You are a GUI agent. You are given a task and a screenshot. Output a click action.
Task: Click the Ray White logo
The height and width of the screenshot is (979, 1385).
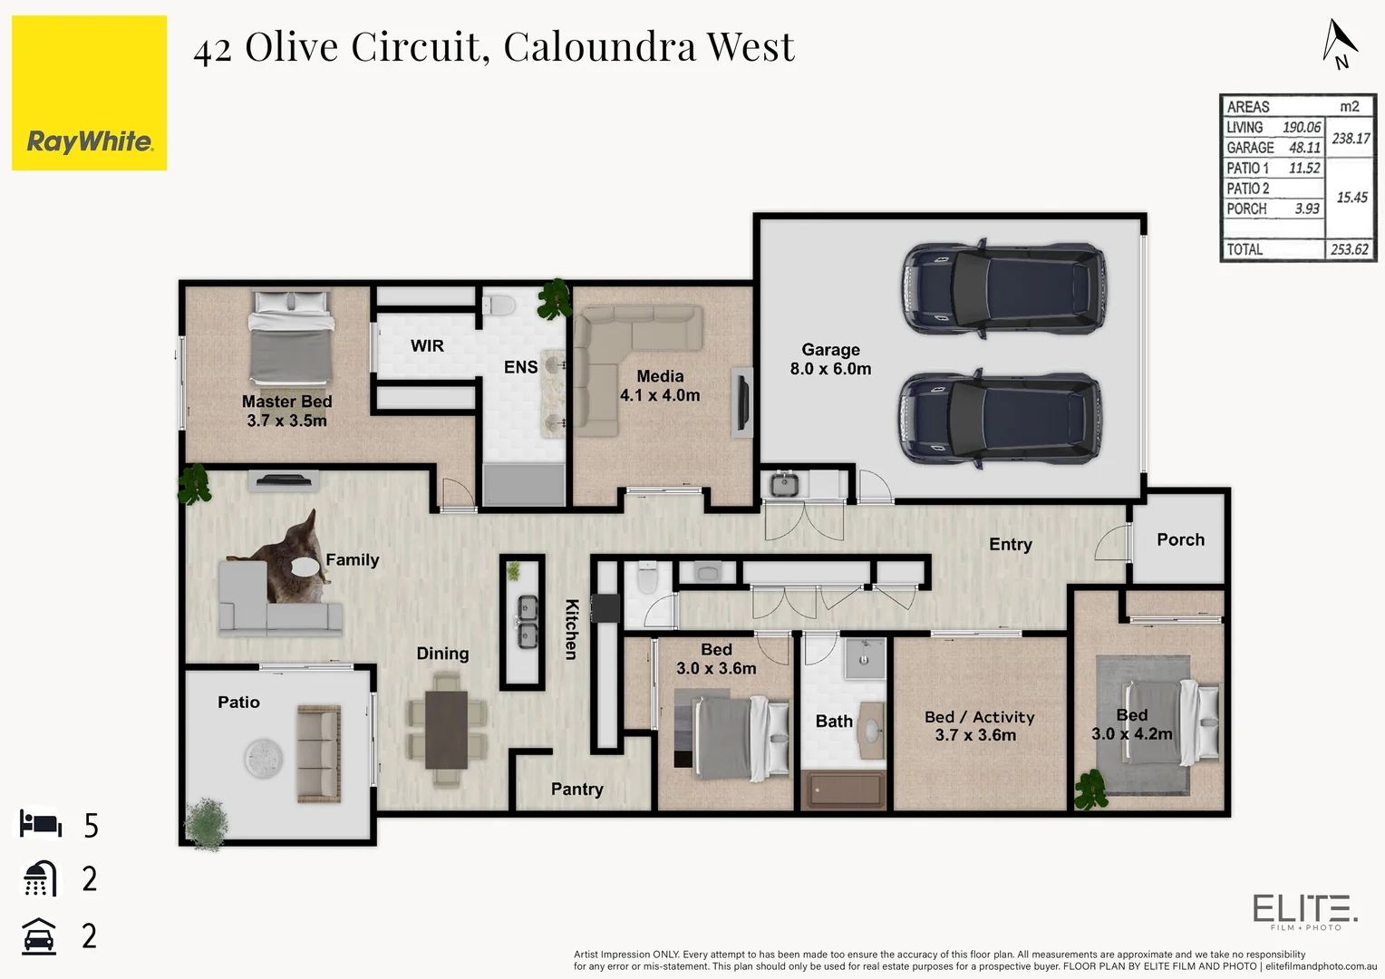(x=89, y=93)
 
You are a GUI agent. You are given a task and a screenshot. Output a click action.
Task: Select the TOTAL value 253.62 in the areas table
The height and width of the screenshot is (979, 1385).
(x=1349, y=249)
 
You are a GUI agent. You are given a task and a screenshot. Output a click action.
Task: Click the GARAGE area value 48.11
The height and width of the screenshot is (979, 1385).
(x=1304, y=148)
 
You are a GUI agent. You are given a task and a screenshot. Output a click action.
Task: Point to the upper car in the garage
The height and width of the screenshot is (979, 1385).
(x=1003, y=288)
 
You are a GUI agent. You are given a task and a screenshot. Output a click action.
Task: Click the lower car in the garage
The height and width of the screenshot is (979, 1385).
(x=1000, y=418)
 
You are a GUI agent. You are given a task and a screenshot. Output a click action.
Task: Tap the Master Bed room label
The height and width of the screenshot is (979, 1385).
(x=286, y=411)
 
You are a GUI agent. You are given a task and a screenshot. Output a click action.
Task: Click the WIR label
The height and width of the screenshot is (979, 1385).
(x=427, y=346)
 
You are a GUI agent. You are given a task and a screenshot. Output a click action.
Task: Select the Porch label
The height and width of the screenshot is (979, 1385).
(x=1180, y=540)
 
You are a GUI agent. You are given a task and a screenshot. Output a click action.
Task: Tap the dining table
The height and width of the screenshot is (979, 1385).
(x=446, y=730)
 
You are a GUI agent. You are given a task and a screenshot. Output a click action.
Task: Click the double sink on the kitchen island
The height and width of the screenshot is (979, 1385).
(x=527, y=622)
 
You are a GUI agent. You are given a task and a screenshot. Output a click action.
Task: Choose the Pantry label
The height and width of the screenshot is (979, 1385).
(x=576, y=790)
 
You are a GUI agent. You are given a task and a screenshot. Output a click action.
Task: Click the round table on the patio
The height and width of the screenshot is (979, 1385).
(x=263, y=758)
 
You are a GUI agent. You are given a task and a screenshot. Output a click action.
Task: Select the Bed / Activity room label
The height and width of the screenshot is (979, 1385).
(x=979, y=726)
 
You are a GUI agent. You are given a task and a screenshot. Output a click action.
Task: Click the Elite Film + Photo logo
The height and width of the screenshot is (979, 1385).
(x=1304, y=910)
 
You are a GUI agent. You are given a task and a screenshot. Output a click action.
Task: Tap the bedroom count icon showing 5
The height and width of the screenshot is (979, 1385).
(x=41, y=824)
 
